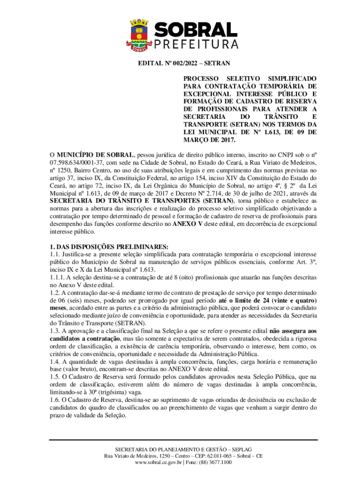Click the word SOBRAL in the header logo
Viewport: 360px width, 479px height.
[196, 30]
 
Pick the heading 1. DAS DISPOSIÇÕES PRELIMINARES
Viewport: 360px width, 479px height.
[109, 247]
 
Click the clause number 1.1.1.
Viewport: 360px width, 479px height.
[59, 277]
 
